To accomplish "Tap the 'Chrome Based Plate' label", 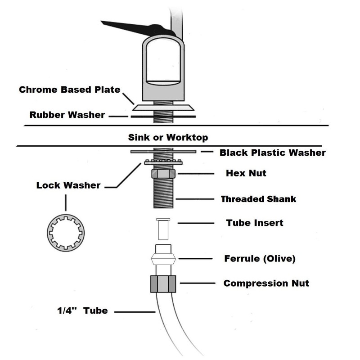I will [x=69, y=90].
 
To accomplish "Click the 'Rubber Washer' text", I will [x=67, y=115].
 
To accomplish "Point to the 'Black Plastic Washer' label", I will [x=272, y=153].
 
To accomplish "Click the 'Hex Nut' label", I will [x=245, y=173].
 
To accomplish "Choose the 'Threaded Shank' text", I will [x=258, y=198].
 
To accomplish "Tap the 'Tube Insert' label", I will [x=254, y=222].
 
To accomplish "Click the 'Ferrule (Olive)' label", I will [x=260, y=259].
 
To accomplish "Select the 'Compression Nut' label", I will [x=266, y=283].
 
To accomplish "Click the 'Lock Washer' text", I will [x=68, y=185].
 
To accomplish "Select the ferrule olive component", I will [x=163, y=259].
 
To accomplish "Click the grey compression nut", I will [x=163, y=283].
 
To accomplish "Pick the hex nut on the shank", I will [x=163, y=173].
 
